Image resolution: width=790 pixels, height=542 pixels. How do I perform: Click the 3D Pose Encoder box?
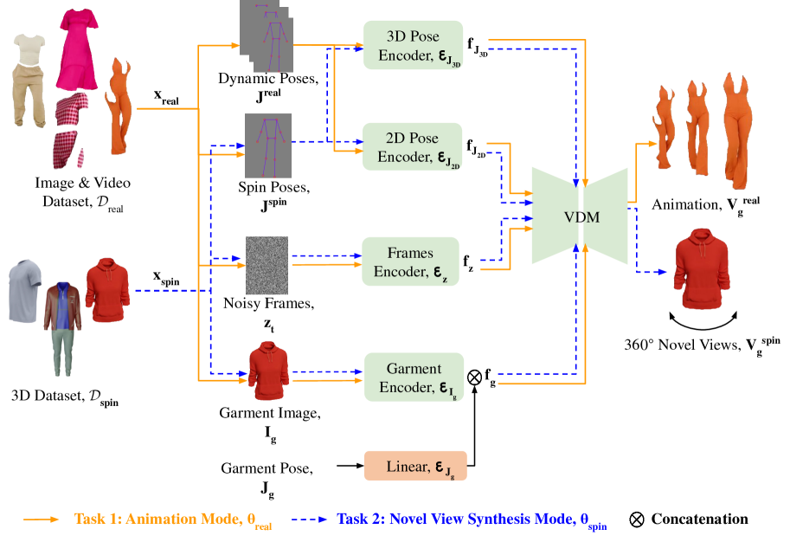click(x=413, y=45)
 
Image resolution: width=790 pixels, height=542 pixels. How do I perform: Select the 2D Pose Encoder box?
click(x=413, y=147)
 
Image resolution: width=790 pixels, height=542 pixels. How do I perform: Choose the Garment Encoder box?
click(x=414, y=377)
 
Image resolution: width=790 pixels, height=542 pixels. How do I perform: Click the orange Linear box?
click(x=415, y=466)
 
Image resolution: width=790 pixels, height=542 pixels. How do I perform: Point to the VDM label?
click(x=579, y=216)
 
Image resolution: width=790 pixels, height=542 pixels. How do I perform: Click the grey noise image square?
click(x=267, y=265)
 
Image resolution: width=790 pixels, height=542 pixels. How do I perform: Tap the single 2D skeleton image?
click(x=267, y=145)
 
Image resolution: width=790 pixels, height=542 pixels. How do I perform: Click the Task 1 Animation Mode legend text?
click(x=162, y=519)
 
